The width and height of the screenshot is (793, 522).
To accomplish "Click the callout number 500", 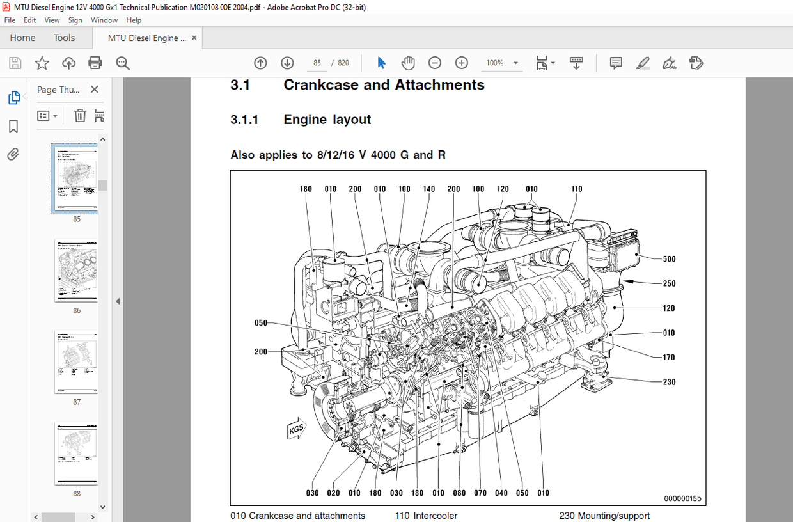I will pos(669,259).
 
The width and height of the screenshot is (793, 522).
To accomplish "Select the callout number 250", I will pos(669,283).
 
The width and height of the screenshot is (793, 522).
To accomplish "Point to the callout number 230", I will pos(669,382).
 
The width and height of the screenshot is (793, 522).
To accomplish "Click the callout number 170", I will pos(669,358).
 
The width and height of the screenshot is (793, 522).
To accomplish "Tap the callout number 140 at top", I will pos(428,189).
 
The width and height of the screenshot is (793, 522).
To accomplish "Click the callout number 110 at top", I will pos(576,189).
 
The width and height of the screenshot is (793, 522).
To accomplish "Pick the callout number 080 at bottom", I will pos(459,493).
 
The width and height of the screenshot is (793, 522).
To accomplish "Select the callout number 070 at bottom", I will pos(480,493).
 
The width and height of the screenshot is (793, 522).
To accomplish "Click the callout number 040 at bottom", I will pos(501,493).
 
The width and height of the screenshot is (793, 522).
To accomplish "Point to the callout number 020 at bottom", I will pos(333,493).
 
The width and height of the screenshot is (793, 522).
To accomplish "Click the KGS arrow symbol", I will pos(295,429).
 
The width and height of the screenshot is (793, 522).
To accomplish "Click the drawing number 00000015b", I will pos(682,498).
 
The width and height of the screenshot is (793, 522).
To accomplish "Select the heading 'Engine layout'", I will pos(327,120).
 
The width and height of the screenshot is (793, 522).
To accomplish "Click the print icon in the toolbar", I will pos(95,63).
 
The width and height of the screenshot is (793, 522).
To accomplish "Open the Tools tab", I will pos(64,38).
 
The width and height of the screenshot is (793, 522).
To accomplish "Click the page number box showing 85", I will pos(317,63).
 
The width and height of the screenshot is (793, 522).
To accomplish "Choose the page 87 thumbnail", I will pos(76,361).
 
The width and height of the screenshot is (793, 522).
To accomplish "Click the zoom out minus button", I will pos(435,63).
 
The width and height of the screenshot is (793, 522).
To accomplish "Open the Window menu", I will pos(104,20).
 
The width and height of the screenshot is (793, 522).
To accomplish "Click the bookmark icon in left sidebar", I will pos(13,127).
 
